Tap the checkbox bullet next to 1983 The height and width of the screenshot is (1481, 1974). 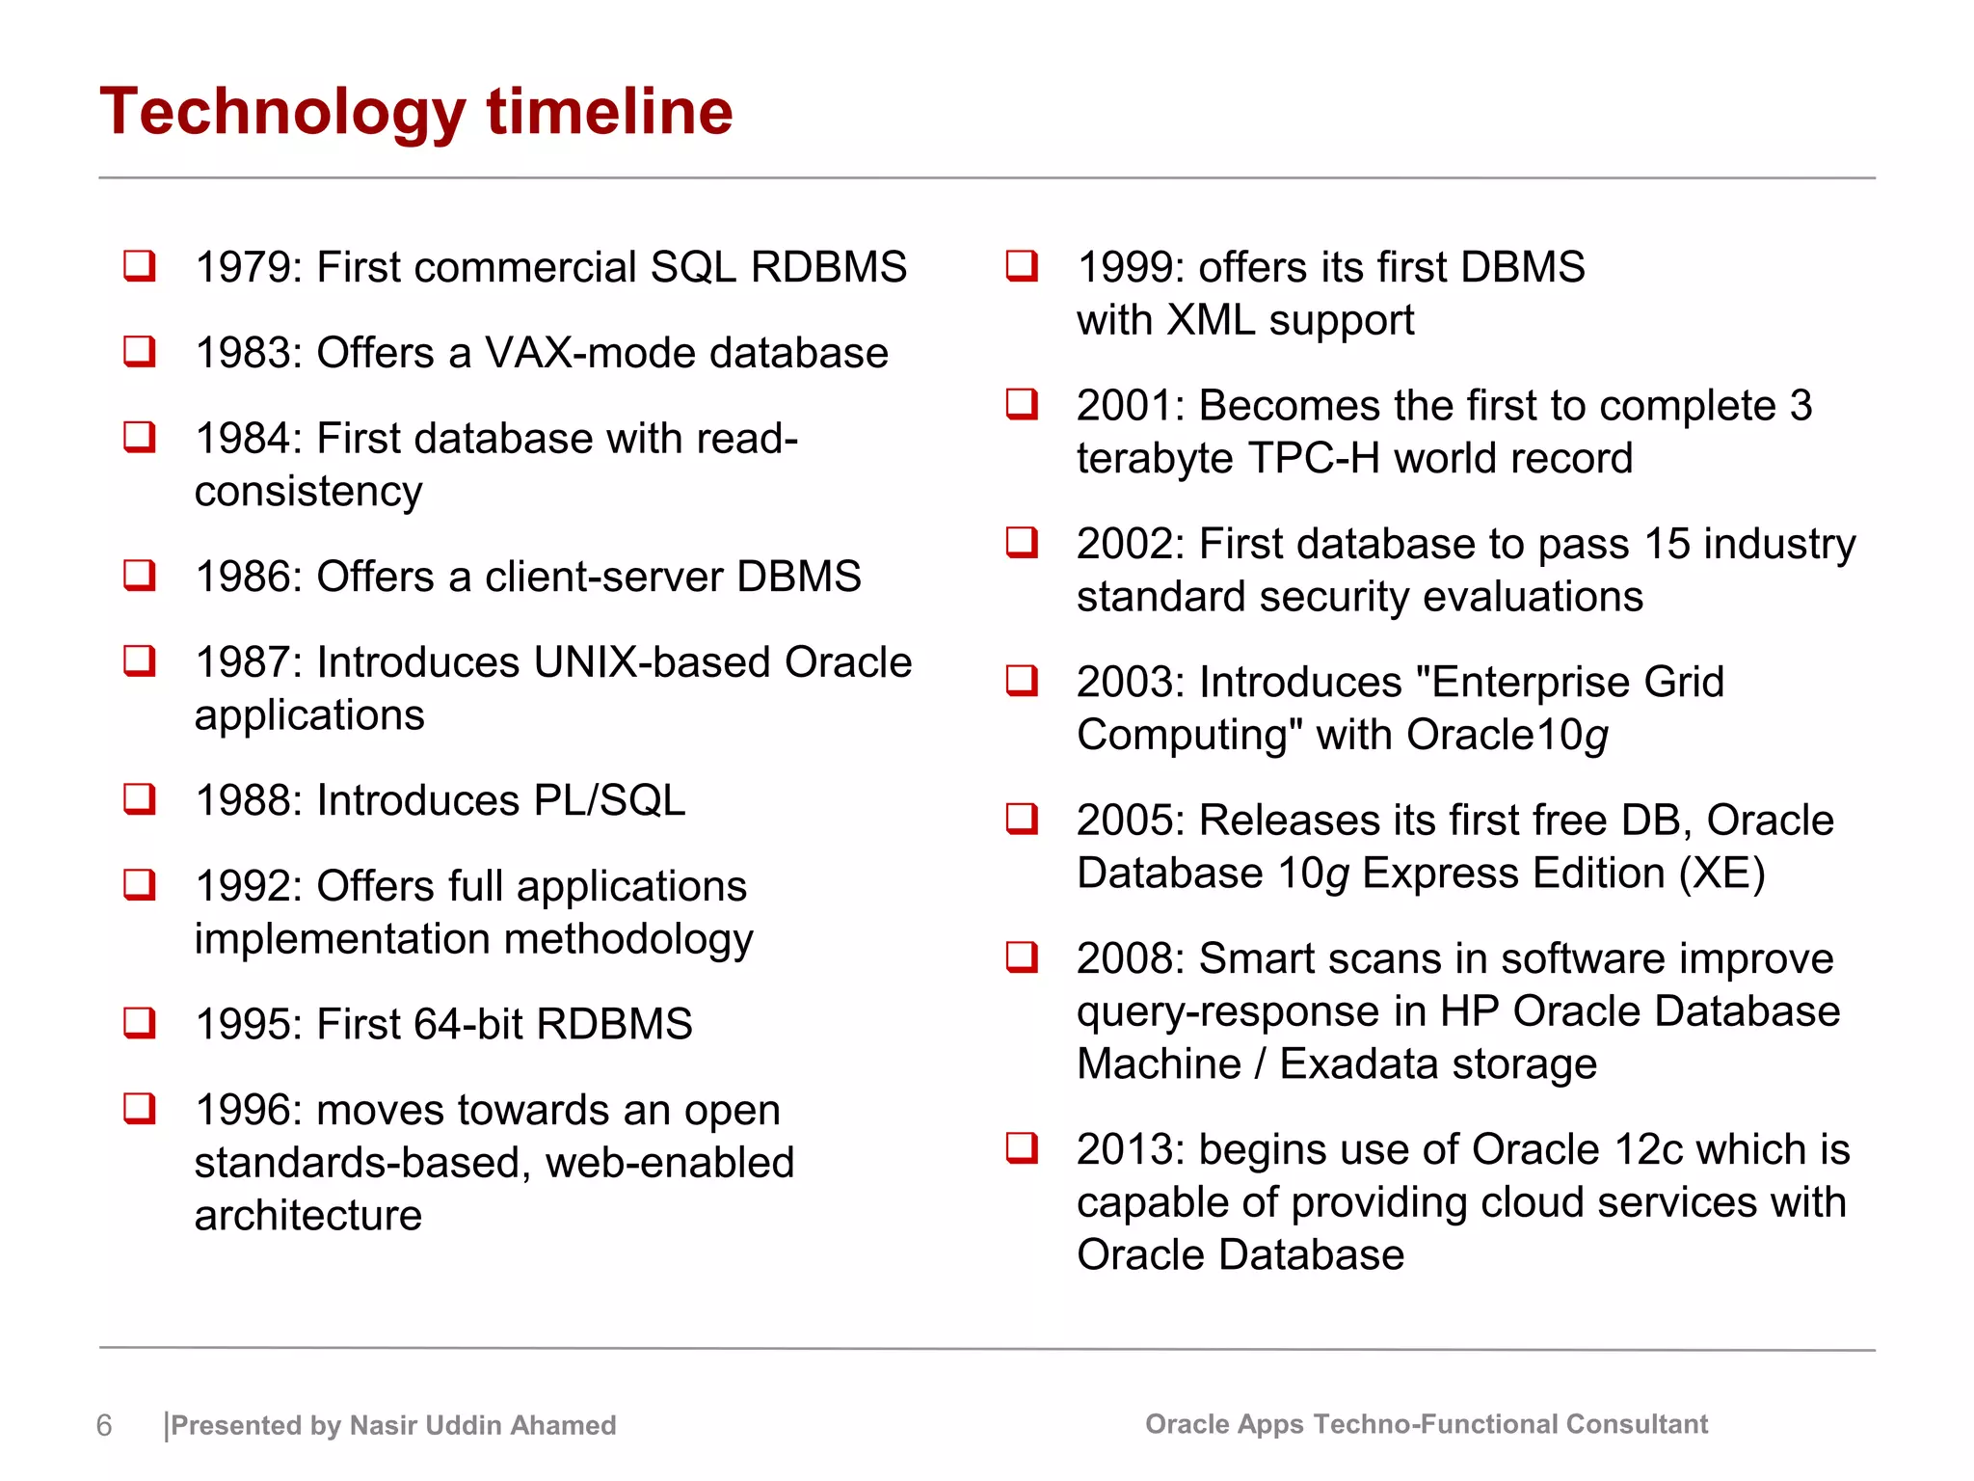140,351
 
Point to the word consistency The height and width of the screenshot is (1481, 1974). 307,492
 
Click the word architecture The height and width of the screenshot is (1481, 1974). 307,1216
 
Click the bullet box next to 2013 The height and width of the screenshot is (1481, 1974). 1022,1147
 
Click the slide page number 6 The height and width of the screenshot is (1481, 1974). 104,1425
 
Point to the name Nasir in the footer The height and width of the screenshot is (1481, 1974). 384,1425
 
